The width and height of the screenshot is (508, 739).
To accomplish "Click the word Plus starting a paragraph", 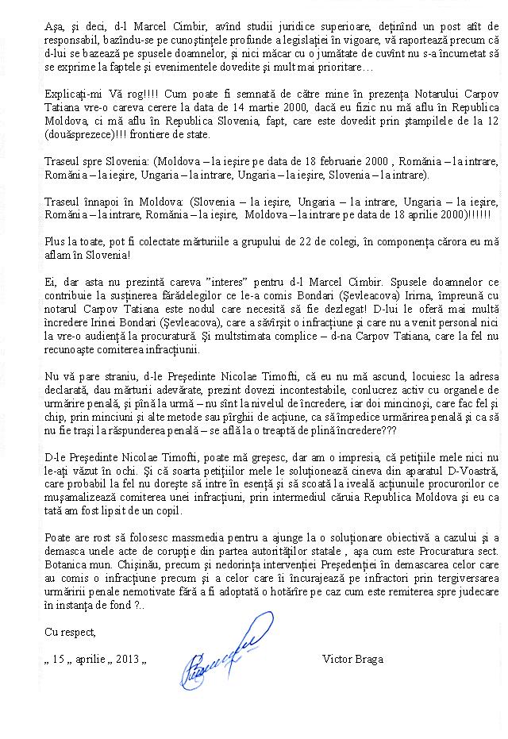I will pos(56,241).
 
